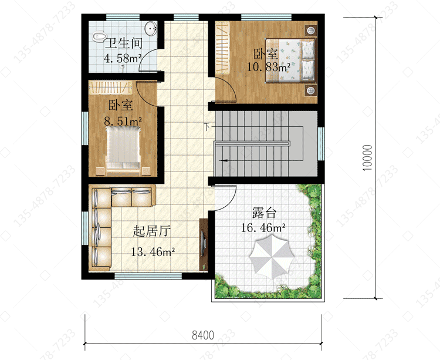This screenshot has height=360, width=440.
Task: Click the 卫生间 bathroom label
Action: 124,43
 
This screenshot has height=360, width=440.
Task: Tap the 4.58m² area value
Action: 123,58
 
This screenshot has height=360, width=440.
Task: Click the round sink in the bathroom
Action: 151,28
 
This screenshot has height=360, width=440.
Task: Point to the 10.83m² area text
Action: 269,67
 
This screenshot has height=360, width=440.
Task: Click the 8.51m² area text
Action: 123,121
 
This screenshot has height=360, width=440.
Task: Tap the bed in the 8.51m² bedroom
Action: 123,151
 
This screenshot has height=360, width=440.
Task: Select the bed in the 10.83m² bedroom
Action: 290,60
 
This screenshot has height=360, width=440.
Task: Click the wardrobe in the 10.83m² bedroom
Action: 222,48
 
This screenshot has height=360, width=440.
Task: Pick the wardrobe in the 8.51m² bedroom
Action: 110,88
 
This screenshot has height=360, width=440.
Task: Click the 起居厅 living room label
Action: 151,231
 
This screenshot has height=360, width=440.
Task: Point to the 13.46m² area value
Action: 153,251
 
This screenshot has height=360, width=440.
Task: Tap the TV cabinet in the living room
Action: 203,244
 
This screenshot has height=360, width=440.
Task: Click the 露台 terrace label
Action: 264,213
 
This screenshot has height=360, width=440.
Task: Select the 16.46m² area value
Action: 263,227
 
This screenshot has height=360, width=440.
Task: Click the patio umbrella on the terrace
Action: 272,257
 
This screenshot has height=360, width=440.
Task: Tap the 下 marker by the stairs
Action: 207,127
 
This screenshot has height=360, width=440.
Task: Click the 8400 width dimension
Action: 203,335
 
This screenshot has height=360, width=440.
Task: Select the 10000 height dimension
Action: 367,157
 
